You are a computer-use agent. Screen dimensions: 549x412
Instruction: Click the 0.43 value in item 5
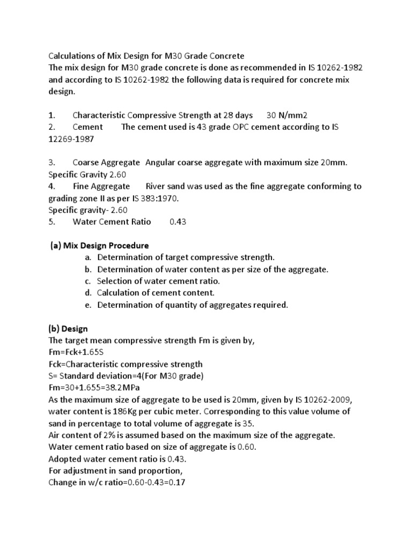[178, 221]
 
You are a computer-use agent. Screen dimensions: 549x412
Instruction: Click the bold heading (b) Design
[68, 329]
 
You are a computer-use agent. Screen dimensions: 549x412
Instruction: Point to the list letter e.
[87, 305]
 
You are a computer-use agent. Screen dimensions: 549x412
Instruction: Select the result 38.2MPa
[128, 387]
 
